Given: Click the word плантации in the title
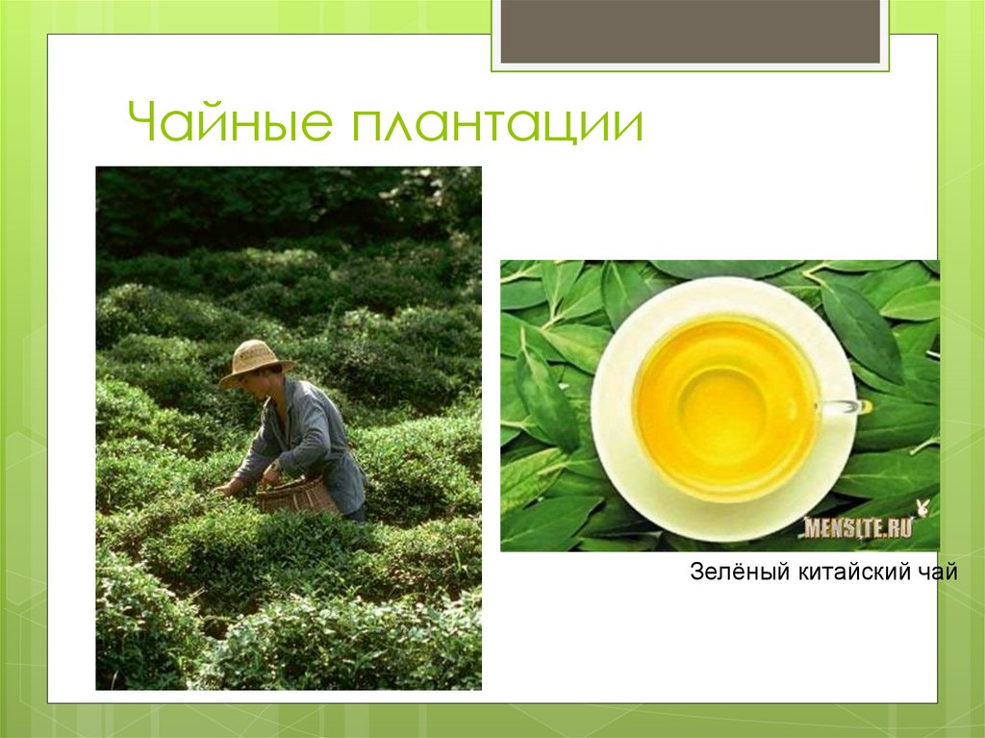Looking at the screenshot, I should pyautogui.click(x=496, y=126).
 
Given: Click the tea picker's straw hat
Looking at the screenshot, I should pyautogui.click(x=255, y=361).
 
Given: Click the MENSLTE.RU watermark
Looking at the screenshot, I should pyautogui.click(x=857, y=527).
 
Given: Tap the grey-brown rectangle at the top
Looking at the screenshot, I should pyautogui.click(x=691, y=31).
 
